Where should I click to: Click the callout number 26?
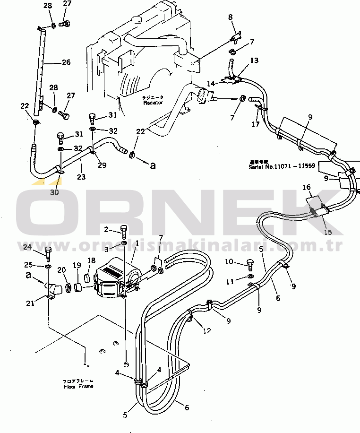point(66,61)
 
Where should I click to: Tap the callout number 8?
point(231,17)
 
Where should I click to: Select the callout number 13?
point(254,60)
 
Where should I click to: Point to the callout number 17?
point(256,125)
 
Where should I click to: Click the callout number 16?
point(307,188)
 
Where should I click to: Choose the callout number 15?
point(328,232)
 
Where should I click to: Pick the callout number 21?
point(30,303)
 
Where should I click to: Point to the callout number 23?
point(81,177)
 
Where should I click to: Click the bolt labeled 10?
point(250,264)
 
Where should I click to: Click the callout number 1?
point(137,243)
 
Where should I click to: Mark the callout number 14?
point(211,83)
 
